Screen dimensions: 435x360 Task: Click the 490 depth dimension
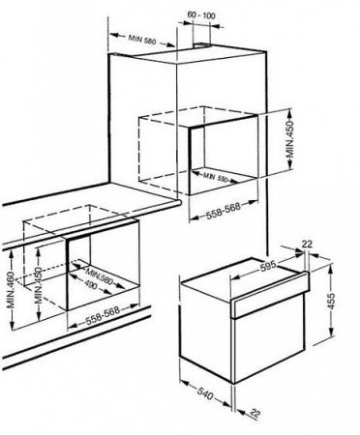pos(96,286)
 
